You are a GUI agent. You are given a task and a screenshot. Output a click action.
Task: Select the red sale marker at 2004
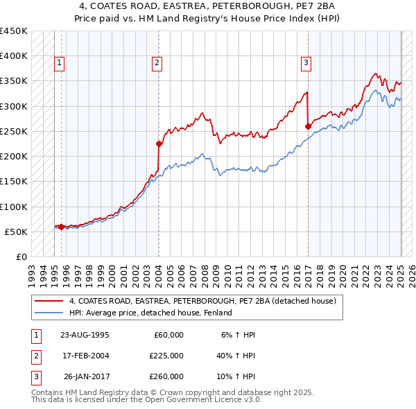[159, 144]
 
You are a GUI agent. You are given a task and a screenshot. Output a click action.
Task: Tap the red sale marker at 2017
[308, 126]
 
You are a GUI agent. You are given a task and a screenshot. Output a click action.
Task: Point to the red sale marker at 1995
[61, 227]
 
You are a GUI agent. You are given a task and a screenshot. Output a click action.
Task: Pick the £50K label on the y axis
[16, 232]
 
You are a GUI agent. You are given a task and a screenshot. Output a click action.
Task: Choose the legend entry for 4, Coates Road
[202, 301]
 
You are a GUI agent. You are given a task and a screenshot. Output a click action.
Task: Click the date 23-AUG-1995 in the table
[85, 335]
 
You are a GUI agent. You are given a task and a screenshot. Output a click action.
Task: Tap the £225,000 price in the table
[166, 356]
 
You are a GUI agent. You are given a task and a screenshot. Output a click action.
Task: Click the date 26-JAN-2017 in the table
[85, 376]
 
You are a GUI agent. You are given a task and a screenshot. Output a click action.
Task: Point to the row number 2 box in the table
[35, 356]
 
